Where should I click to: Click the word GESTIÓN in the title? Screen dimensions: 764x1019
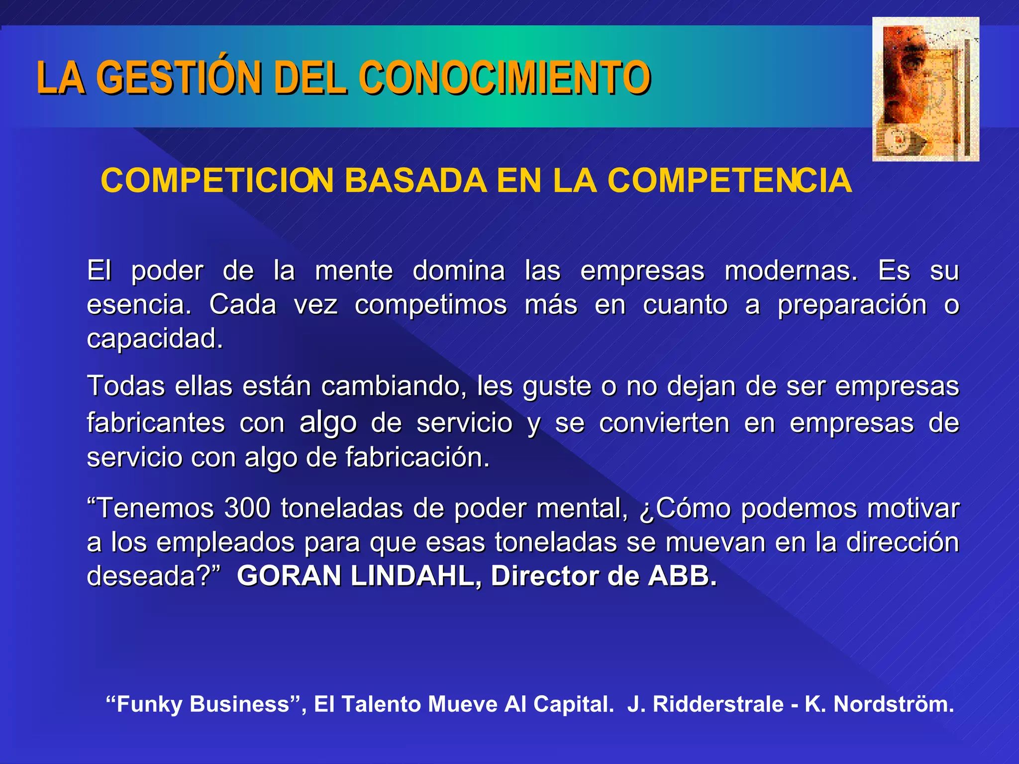tap(179, 78)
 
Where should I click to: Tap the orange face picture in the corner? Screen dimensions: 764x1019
tap(925, 90)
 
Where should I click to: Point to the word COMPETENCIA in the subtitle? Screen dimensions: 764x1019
tap(729, 180)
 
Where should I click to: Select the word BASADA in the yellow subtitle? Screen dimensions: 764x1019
tap(415, 180)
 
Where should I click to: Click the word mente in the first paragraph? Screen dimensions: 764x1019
tap(354, 271)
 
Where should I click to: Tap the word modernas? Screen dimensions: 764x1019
tap(791, 271)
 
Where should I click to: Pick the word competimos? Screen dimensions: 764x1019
tap(431, 304)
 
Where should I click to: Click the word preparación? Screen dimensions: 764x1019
tap(852, 305)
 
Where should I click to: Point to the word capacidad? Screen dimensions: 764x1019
tap(155, 339)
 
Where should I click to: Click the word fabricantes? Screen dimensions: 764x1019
tap(156, 423)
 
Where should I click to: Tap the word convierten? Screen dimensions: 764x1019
tap(664, 423)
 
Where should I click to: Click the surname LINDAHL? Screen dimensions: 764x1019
tap(416, 576)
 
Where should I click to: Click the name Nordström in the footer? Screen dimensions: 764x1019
tap(894, 704)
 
